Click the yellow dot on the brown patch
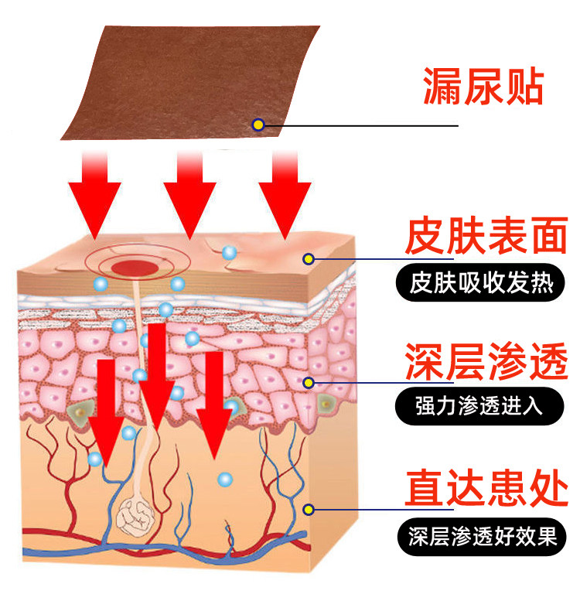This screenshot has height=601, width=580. click(x=259, y=124)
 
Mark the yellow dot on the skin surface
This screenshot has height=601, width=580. click(x=309, y=258)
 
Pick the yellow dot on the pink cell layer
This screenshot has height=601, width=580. click(x=309, y=381)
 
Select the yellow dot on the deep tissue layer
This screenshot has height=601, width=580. click(x=309, y=509)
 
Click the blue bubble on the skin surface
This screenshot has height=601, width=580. click(x=228, y=252)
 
